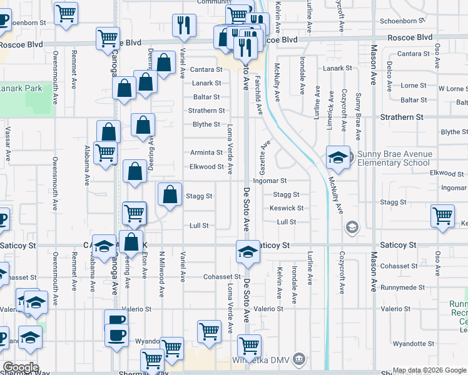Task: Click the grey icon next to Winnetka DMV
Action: (x=300, y=359)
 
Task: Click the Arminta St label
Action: (x=206, y=152)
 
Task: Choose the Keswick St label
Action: (x=288, y=208)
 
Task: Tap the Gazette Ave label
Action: (x=265, y=154)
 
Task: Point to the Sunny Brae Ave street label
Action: (x=358, y=116)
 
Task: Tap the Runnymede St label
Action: (x=403, y=287)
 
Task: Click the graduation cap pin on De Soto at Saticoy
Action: (x=248, y=252)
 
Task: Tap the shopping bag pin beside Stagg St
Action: (x=170, y=195)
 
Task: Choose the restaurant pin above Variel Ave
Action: (x=184, y=25)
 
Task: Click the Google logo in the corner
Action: (x=22, y=367)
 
